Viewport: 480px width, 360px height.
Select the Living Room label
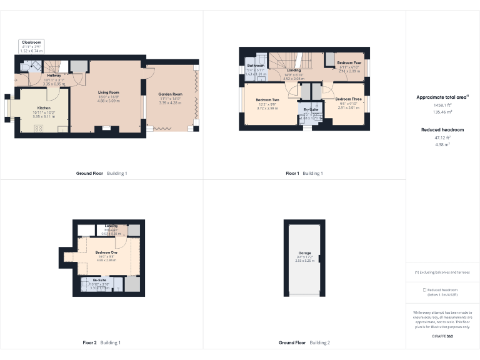click(109, 92)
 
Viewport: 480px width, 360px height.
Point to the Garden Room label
click(169, 94)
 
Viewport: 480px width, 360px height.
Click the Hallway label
click(54, 76)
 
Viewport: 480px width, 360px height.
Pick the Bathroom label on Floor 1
click(256, 66)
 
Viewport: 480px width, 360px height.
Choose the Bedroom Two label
click(267, 100)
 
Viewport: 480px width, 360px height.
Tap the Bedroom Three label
click(349, 99)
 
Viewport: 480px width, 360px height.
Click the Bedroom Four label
click(349, 63)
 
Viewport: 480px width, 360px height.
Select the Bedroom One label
click(106, 252)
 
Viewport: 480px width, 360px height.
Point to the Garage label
click(304, 253)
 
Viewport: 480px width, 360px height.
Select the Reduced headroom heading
click(442, 130)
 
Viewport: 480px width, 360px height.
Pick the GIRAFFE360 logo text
click(442, 336)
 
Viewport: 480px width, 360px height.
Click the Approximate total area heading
click(442, 97)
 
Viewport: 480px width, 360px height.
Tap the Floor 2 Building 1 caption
click(102, 342)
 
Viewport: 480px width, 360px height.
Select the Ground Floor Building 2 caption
click(304, 342)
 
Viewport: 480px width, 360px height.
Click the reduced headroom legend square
click(425, 290)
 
